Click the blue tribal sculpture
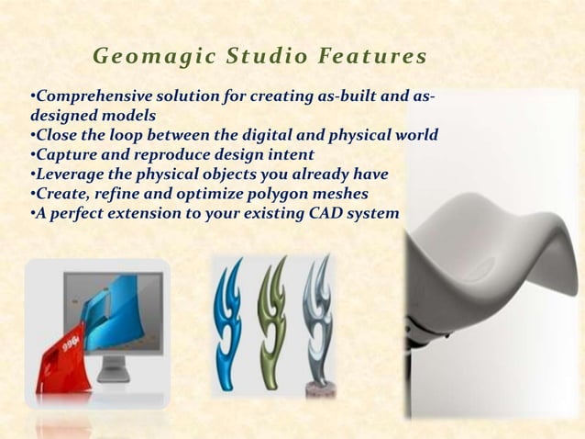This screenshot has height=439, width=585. [x=229, y=321]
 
